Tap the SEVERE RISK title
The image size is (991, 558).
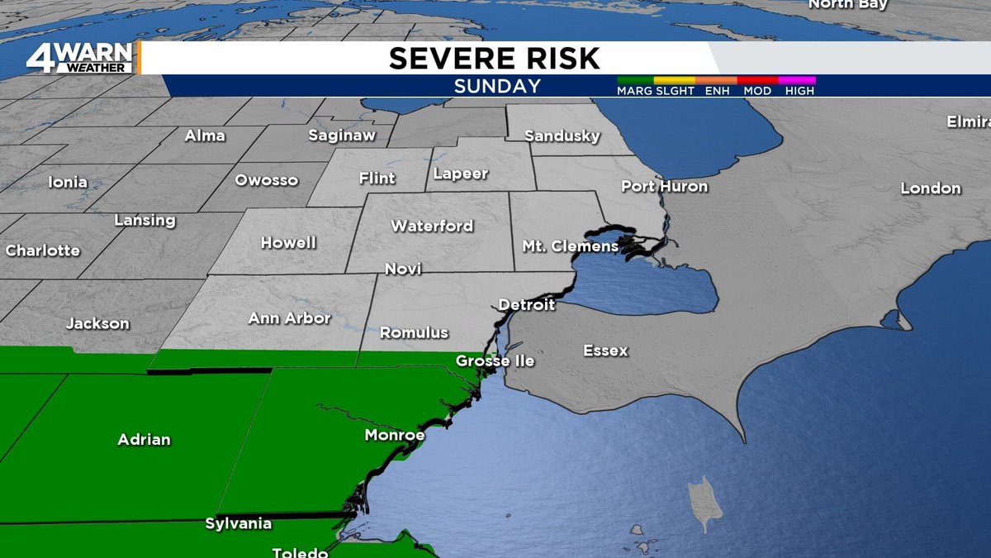[495, 59]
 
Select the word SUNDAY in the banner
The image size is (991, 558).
[497, 86]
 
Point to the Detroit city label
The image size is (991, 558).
[526, 305]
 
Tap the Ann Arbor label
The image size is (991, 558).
[289, 318]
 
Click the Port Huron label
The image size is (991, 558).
[664, 186]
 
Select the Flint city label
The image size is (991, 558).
[377, 178]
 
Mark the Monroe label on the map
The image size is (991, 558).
[395, 435]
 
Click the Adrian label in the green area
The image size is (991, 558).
[144, 439]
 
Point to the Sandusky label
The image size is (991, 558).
[562, 136]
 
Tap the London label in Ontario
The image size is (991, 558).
[931, 188]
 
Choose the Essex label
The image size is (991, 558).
[605, 351]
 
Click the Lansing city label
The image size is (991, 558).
[145, 221]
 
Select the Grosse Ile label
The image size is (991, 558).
[495, 361]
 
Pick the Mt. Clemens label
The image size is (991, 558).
[570, 246]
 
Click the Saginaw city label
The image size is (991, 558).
[342, 135]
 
